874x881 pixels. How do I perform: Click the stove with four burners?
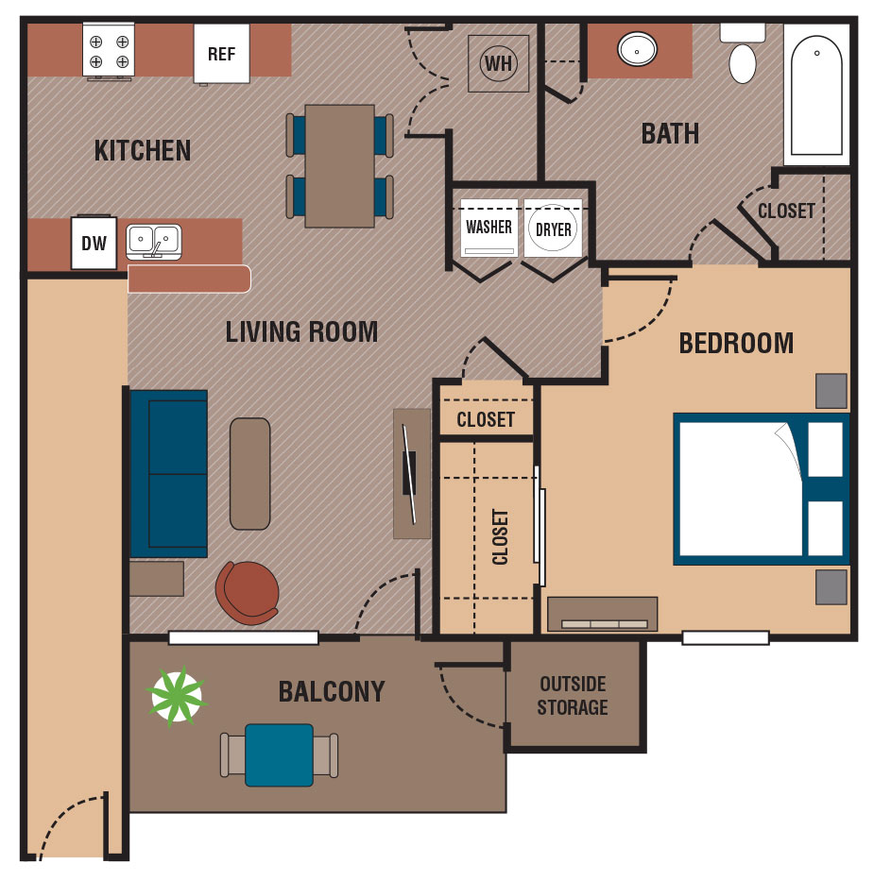(x=109, y=51)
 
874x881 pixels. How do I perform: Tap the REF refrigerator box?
(x=221, y=54)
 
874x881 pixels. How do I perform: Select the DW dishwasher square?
(x=94, y=244)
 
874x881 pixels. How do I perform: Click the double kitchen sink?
(x=154, y=241)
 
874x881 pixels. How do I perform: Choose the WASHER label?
(x=488, y=228)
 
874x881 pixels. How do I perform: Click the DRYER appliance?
(x=554, y=229)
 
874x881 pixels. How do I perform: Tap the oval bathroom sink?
(x=638, y=48)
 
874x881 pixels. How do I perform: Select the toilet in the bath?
(x=743, y=57)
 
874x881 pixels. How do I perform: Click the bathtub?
(x=815, y=94)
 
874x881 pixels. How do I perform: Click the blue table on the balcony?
(x=279, y=754)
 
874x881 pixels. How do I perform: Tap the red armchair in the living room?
(x=248, y=592)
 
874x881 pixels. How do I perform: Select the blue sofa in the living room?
(x=168, y=473)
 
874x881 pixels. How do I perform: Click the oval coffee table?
(x=249, y=473)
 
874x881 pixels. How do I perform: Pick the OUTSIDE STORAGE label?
(x=573, y=695)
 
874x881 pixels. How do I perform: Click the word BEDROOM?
(x=736, y=343)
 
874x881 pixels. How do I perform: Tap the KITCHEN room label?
(x=143, y=150)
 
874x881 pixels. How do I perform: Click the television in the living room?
(x=410, y=473)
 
